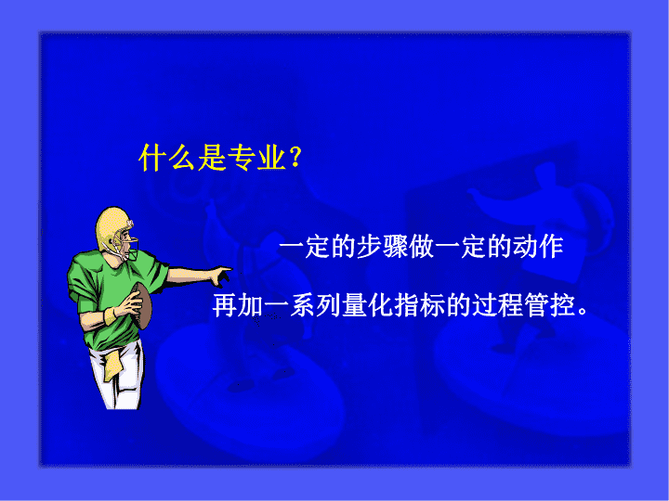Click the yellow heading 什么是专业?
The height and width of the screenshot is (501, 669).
pyautogui.click(x=220, y=157)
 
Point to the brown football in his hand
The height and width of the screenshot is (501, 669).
pyautogui.click(x=142, y=305)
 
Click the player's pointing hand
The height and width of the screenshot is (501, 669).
pyautogui.click(x=222, y=275)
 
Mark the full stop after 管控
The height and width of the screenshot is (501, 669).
pyautogui.click(x=583, y=312)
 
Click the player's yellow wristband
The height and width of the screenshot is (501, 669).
pyautogui.click(x=110, y=316)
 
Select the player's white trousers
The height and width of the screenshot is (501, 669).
pyautogui.click(x=117, y=376)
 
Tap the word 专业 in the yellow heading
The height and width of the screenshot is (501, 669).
pyautogui.click(x=256, y=157)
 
